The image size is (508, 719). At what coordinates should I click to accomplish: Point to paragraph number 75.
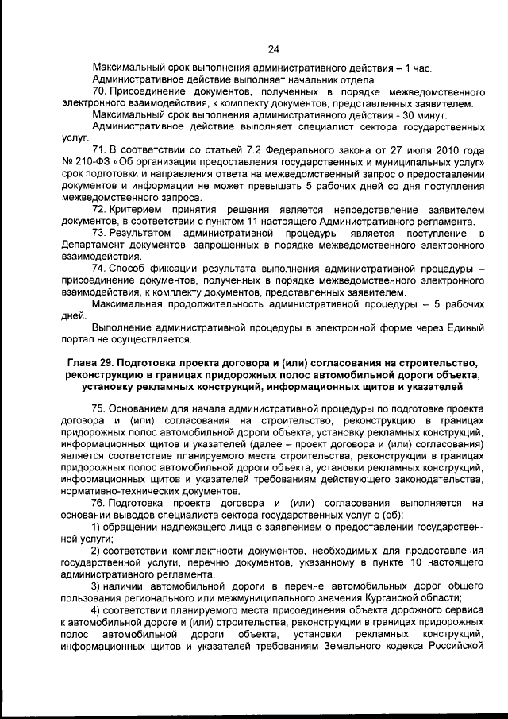click(x=100, y=406)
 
